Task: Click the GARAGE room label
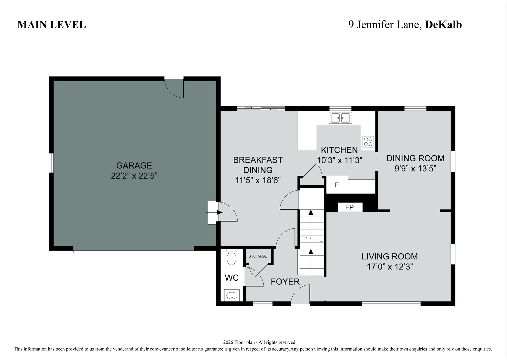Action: pos(134,165)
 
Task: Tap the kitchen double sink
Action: pos(340,118)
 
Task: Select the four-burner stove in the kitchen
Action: pos(368,142)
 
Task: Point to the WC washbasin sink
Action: pos(232,295)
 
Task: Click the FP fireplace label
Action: pos(349,207)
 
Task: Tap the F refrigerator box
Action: pos(337,185)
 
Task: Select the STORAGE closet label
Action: pos(258,256)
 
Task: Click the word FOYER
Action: pos(285,282)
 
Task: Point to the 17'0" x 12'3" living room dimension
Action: pos(390,267)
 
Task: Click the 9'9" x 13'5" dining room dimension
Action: pos(415,169)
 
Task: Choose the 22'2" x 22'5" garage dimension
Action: pos(134,176)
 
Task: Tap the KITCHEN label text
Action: pos(339,150)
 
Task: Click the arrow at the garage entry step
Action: pos(214,212)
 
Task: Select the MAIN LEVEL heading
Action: pos(52,25)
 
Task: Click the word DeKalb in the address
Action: pos(443,25)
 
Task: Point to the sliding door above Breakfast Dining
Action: pos(261,108)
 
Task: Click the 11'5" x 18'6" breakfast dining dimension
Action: pos(258,180)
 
